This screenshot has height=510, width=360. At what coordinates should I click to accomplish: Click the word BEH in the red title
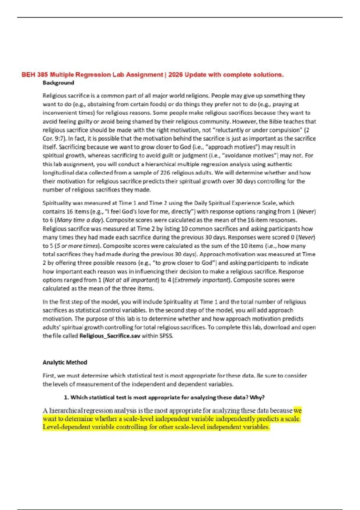click(28, 75)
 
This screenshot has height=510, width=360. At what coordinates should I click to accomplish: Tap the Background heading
click(58, 83)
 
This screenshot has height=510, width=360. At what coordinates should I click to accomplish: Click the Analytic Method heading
click(65, 362)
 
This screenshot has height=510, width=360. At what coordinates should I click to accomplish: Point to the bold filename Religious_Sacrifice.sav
click(110, 336)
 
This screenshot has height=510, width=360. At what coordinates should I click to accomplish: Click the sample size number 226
click(165, 173)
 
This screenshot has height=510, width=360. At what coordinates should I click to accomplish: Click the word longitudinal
click(58, 173)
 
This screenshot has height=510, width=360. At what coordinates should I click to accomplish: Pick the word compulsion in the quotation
click(286, 130)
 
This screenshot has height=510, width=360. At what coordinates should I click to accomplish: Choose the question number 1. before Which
click(66, 397)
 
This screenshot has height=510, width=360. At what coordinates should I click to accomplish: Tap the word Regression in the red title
click(93, 75)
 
